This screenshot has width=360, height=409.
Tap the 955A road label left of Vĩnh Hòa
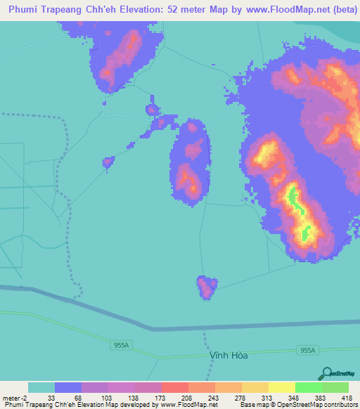[120, 345]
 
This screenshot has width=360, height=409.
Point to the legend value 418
[347, 397]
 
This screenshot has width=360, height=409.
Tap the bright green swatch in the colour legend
[308, 387]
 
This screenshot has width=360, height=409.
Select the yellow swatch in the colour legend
[281, 387]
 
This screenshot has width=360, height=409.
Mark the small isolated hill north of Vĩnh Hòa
[206, 287]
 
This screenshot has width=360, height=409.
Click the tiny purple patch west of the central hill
[108, 162]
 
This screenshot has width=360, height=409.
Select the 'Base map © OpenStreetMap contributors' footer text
[297, 405]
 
